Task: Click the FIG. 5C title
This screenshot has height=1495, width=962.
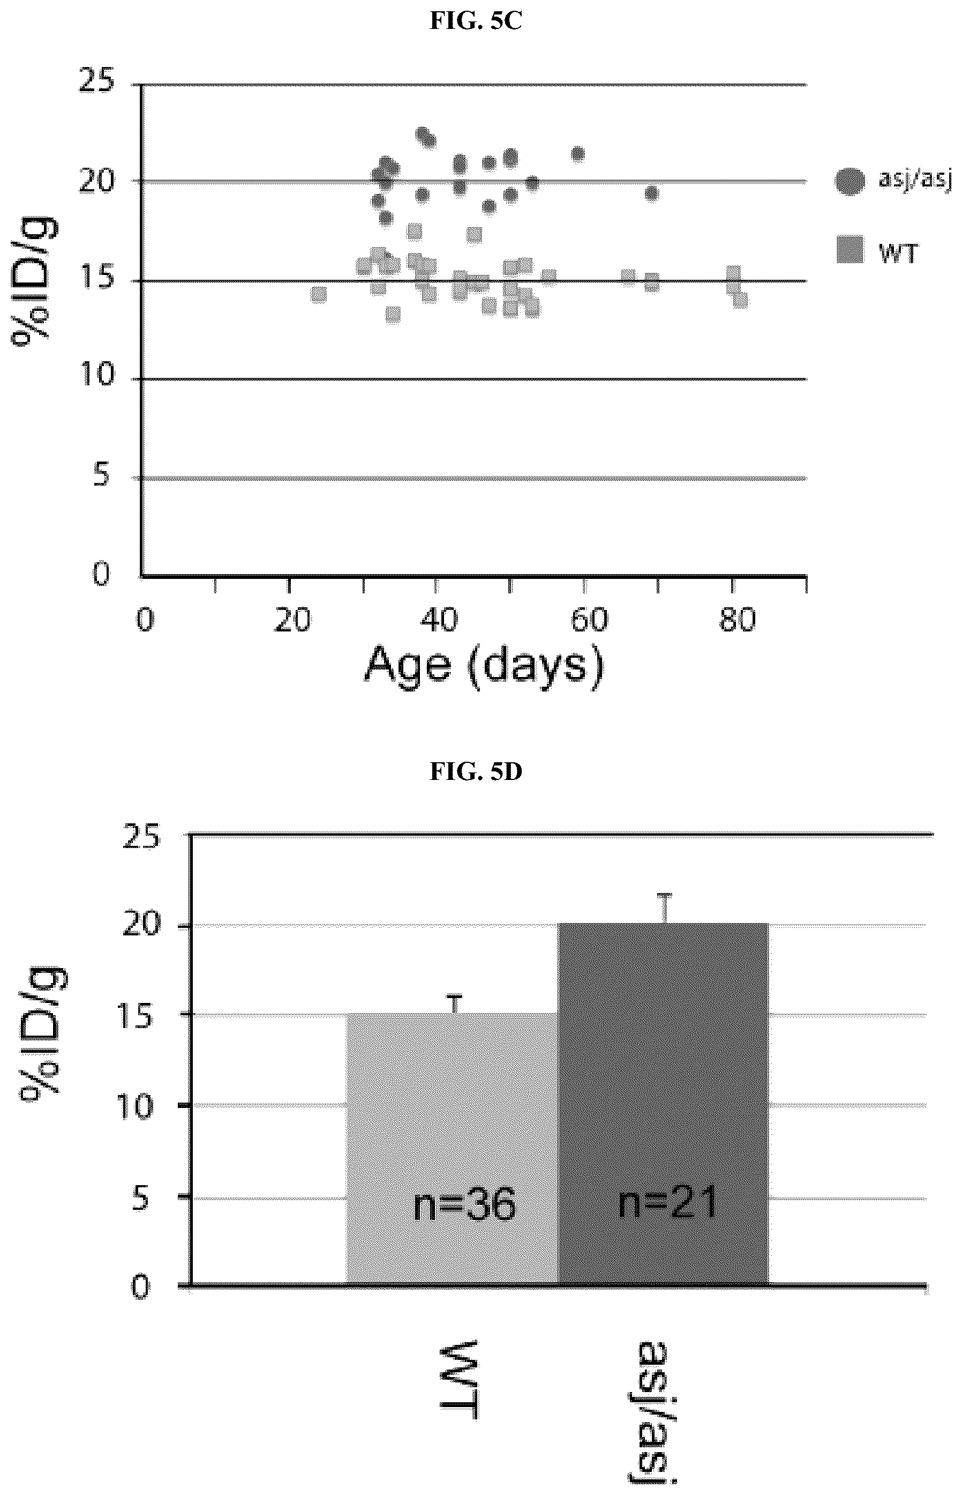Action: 476,22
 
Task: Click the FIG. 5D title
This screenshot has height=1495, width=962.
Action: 476,772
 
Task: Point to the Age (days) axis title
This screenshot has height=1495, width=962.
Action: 485,666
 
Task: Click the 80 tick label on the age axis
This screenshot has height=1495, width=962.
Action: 738,621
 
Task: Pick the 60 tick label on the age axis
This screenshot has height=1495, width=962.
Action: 590,621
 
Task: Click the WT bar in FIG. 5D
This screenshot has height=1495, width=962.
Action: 452,1149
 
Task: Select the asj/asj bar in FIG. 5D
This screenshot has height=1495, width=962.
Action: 663,1104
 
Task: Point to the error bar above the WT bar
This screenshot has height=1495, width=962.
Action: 457,1004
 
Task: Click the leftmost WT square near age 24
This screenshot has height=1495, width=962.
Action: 319,294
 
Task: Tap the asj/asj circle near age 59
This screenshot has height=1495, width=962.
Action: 578,154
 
